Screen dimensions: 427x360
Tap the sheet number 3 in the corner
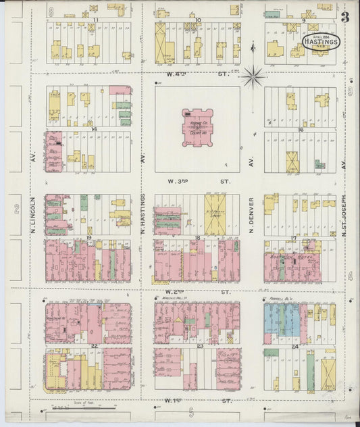pyautogui.click(x=345, y=18)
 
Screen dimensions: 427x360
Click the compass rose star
pyautogui.click(x=253, y=77)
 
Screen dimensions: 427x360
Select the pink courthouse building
pyautogui.click(x=197, y=127)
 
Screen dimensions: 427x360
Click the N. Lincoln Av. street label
pyautogui.click(x=33, y=216)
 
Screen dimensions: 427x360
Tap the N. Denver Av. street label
pyautogui.click(x=251, y=216)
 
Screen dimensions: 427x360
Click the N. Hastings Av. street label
pyautogui.click(x=143, y=216)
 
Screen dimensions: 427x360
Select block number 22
pyautogui.click(x=95, y=345)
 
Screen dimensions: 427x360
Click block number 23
pyautogui.click(x=200, y=345)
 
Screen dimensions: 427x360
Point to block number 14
pyautogui.click(x=95, y=128)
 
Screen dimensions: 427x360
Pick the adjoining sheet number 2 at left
pyautogui.click(x=15, y=210)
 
